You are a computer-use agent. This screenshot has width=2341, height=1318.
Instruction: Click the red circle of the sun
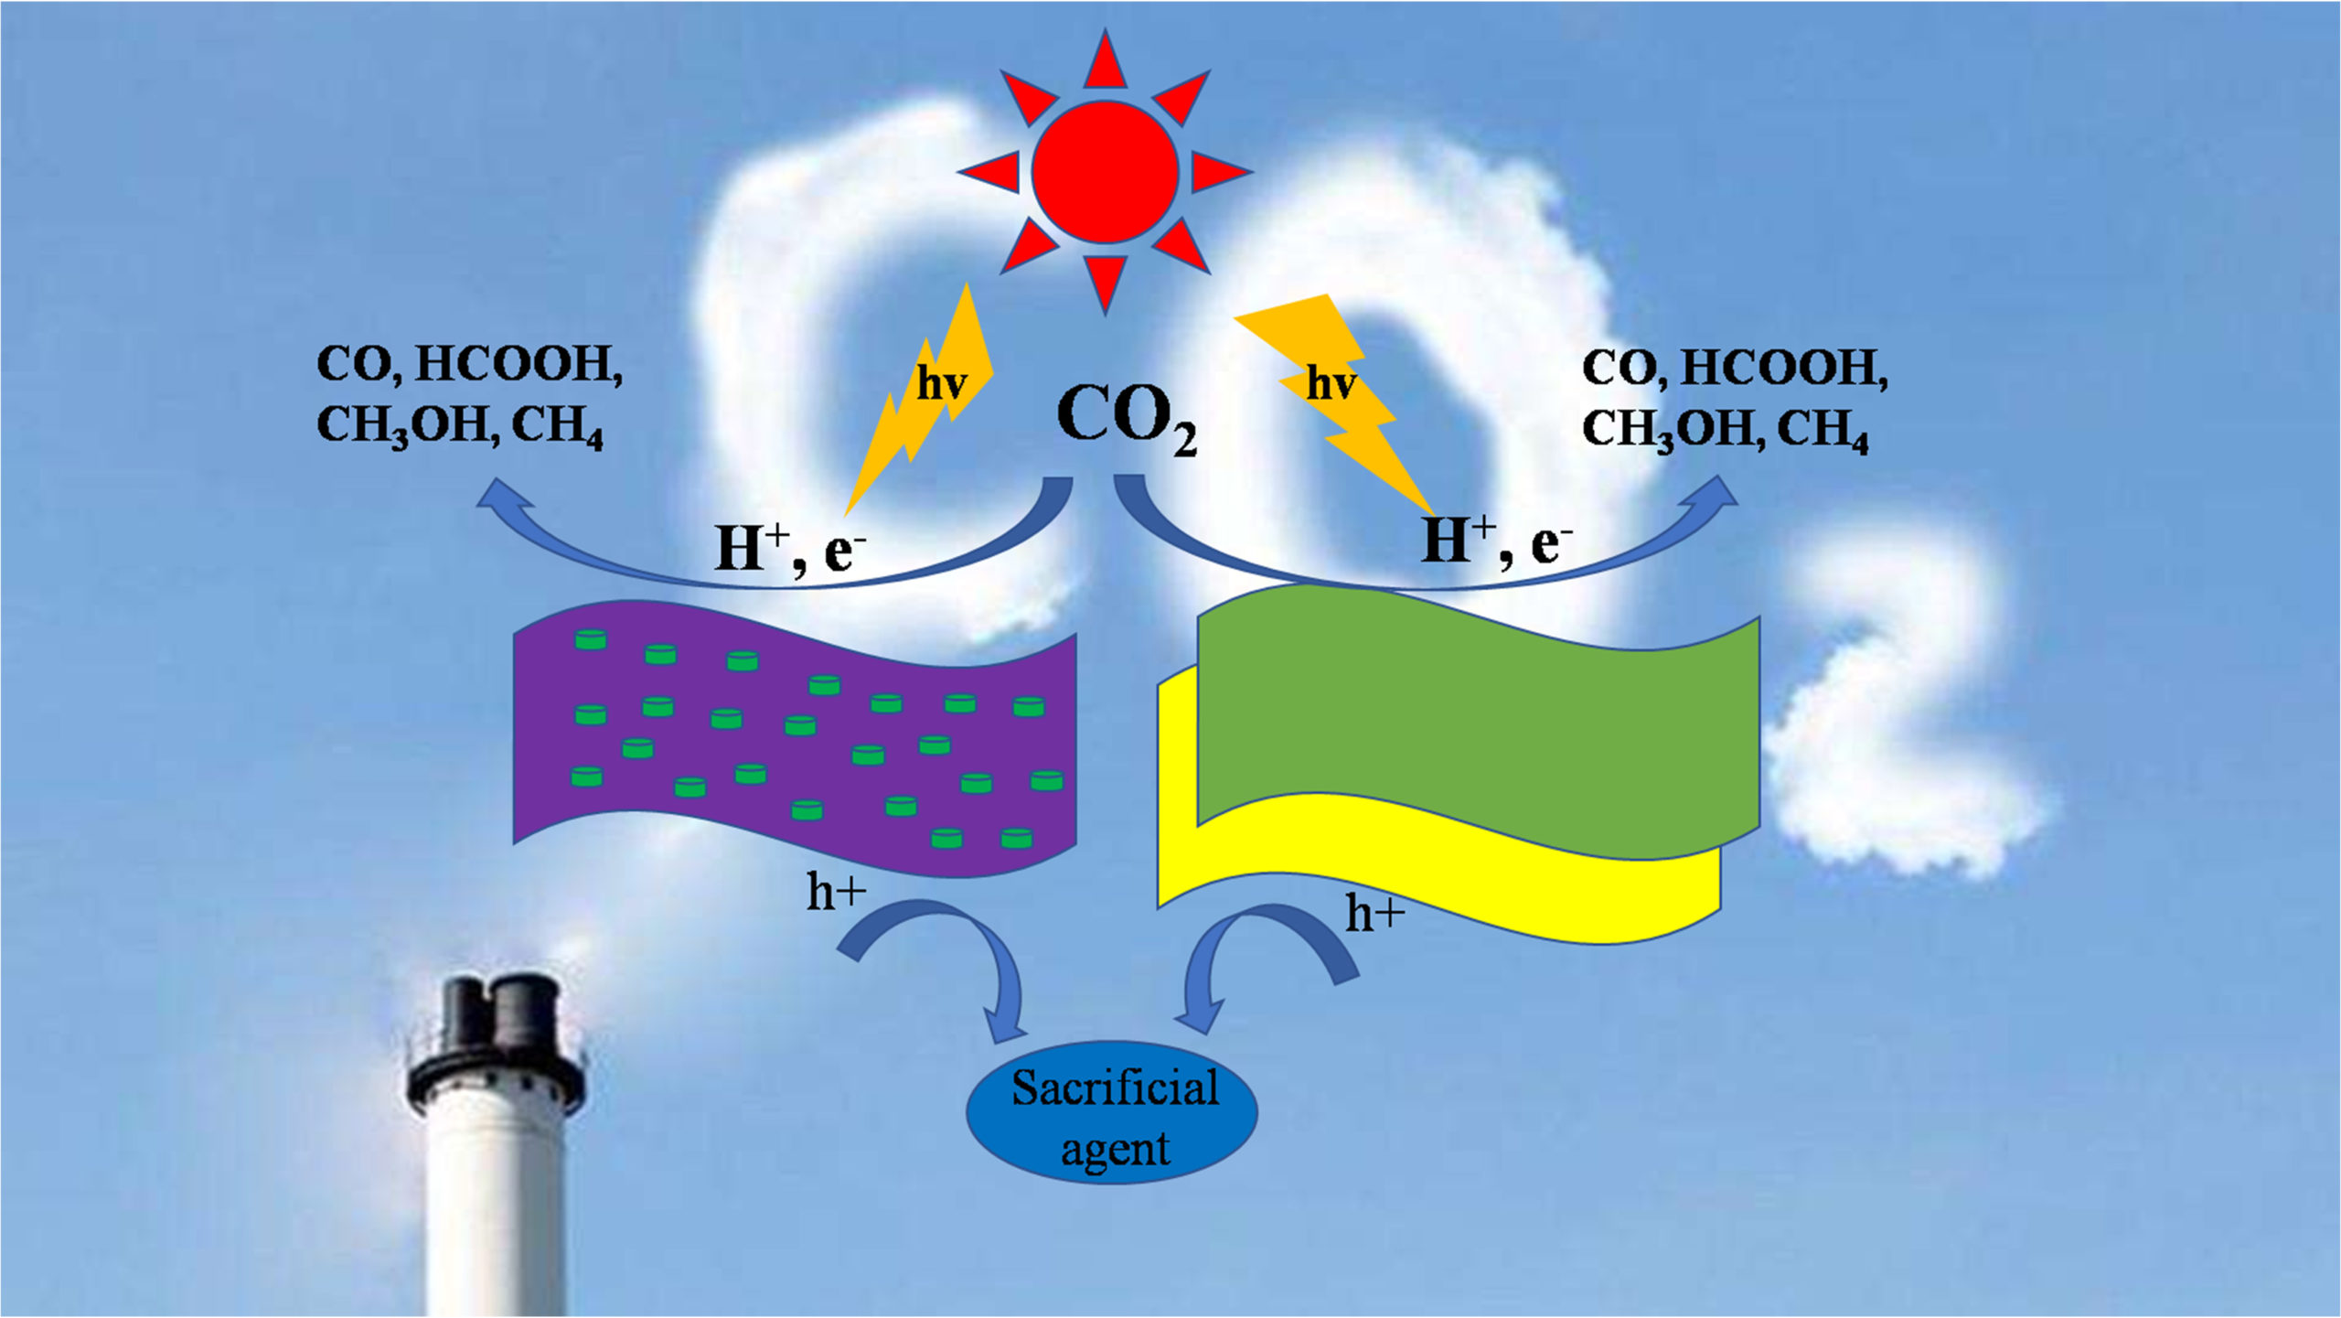pos(1105,171)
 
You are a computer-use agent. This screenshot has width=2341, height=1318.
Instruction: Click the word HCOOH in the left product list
pos(518,364)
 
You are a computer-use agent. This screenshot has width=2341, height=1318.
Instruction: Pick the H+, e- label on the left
pos(788,549)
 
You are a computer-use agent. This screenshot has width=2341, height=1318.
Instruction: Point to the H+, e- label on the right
pos(1496,541)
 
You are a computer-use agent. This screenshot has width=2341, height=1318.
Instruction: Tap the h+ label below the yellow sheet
pos(1374,914)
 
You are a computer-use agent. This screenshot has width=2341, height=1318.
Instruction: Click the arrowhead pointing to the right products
pos(1716,495)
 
